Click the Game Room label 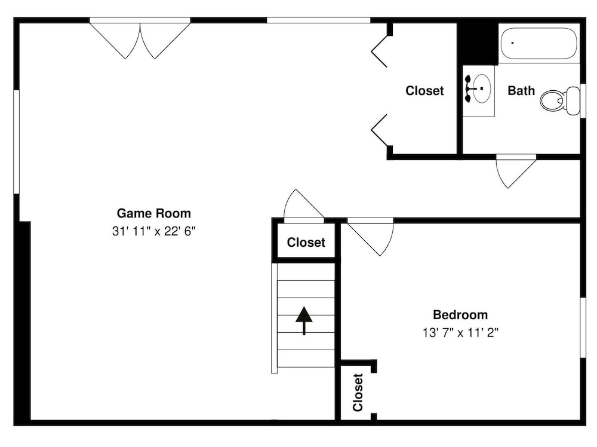click(x=154, y=213)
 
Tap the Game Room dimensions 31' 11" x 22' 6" click(x=154, y=231)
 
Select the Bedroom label click(x=460, y=315)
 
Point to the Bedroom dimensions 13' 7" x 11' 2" click(x=460, y=333)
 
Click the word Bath click(x=521, y=91)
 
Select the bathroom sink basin click(x=481, y=88)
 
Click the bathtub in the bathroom click(x=538, y=43)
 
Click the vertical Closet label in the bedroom click(x=358, y=393)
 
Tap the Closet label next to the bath click(x=424, y=91)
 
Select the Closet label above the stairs click(x=306, y=243)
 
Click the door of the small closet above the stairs click(x=303, y=206)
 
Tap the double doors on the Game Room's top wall click(x=140, y=38)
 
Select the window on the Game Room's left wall click(x=16, y=142)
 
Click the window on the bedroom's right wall click(x=583, y=327)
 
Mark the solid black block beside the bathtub click(x=478, y=44)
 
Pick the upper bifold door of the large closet click(x=379, y=51)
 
